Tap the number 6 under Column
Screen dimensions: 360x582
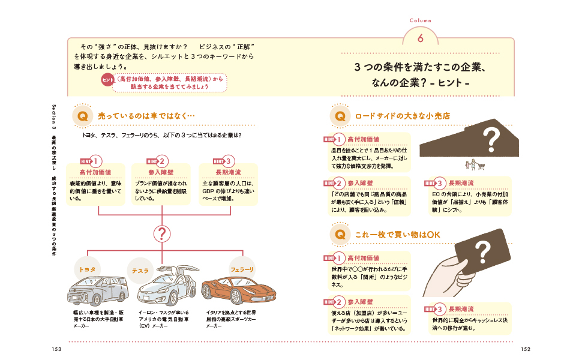pos(420,37)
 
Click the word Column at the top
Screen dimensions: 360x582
pos(420,20)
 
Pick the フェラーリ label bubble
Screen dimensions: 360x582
pos(242,269)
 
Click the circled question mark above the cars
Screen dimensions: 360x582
pos(162,234)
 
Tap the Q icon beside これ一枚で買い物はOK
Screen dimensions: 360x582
pos(340,233)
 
